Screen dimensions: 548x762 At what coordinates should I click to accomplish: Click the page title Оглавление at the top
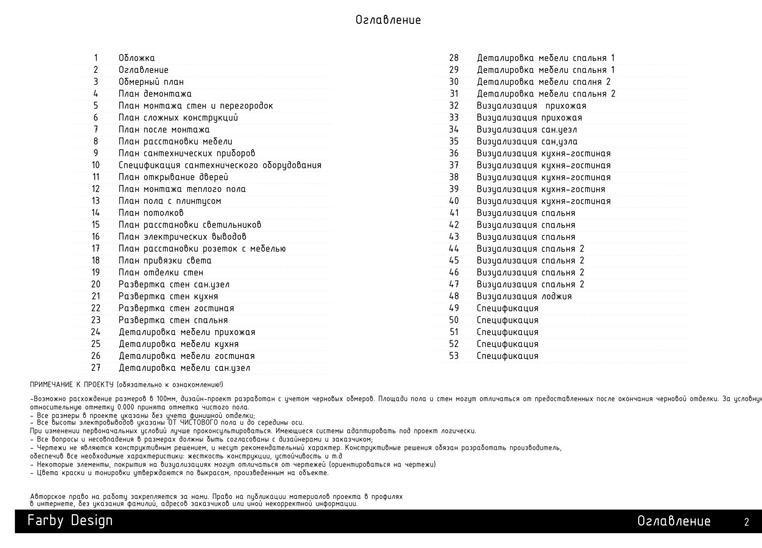click(x=388, y=20)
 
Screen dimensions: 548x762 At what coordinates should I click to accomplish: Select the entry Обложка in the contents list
click(x=137, y=58)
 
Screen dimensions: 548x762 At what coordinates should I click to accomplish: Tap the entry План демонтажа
click(x=155, y=94)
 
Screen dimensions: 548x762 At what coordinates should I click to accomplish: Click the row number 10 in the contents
click(x=96, y=165)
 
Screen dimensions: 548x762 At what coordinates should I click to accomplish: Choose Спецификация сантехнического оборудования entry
click(x=220, y=165)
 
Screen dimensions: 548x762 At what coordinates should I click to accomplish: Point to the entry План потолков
click(x=151, y=213)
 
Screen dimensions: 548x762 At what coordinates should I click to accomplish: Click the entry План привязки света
click(x=165, y=261)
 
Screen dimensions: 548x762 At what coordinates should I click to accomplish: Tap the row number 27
click(x=96, y=368)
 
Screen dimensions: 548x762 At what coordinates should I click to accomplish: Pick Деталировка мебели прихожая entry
click(x=187, y=332)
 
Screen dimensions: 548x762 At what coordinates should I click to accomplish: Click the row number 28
click(x=454, y=58)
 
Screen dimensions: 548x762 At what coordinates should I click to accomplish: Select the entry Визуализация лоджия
click(x=524, y=296)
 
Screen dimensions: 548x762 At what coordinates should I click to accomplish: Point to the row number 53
click(x=454, y=356)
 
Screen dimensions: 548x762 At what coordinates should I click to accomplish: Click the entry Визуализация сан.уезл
click(x=527, y=130)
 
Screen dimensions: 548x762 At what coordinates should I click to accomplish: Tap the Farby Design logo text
click(x=70, y=520)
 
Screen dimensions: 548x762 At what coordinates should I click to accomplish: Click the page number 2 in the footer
click(x=746, y=522)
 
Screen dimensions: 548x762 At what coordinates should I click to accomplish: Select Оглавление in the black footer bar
click(x=673, y=521)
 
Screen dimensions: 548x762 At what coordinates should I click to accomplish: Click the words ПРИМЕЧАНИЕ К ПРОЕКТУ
click(x=71, y=385)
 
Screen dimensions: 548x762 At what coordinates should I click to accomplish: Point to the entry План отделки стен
click(x=160, y=273)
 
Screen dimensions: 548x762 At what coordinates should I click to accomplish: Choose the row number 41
click(x=454, y=213)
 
